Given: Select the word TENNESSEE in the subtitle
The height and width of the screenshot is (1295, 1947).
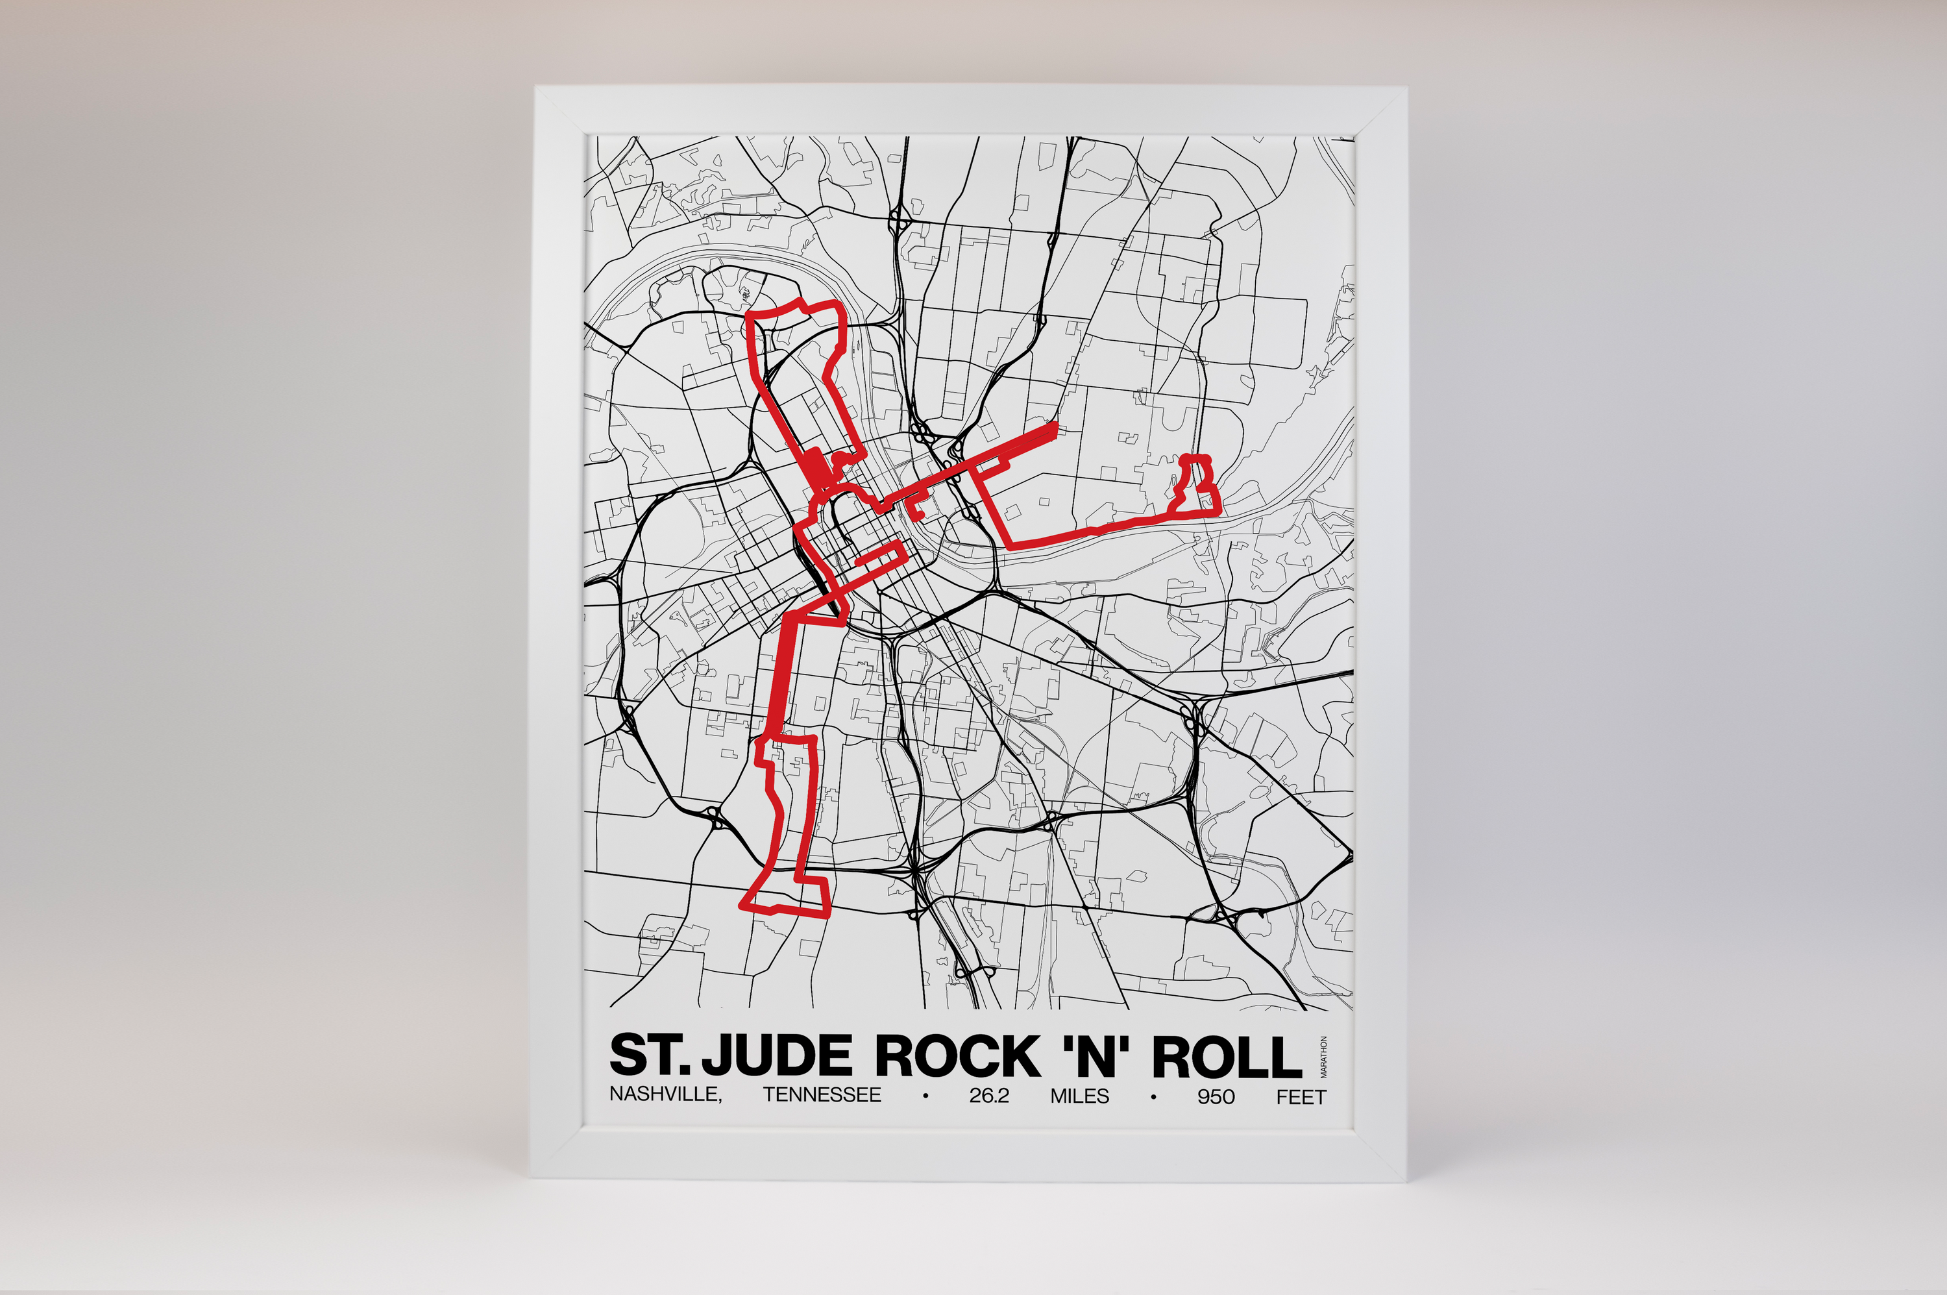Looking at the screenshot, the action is (x=822, y=1096).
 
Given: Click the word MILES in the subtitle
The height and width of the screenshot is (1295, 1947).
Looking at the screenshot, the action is (x=1079, y=1096).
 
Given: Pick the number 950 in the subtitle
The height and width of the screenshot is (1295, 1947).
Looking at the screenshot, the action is (x=1216, y=1096).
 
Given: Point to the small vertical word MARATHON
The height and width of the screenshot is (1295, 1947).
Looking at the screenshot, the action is (x=1323, y=1058).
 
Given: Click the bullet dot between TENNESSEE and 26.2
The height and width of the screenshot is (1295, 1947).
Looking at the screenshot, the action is (x=925, y=1096).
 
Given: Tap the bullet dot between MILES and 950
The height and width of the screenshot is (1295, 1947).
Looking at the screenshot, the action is (x=1152, y=1096).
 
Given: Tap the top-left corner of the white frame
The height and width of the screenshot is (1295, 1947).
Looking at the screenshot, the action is (x=537, y=88).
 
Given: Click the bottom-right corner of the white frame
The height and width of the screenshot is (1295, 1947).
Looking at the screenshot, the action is (x=1405, y=1181).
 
